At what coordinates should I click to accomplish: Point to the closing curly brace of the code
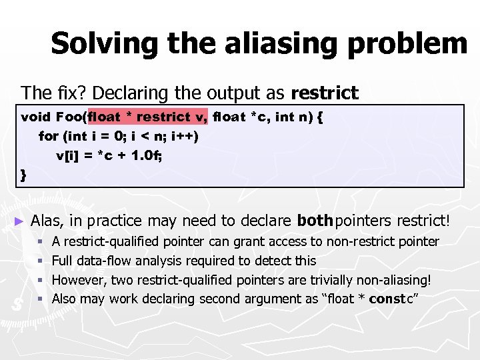(24, 175)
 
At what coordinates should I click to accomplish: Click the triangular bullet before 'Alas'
(19, 221)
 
